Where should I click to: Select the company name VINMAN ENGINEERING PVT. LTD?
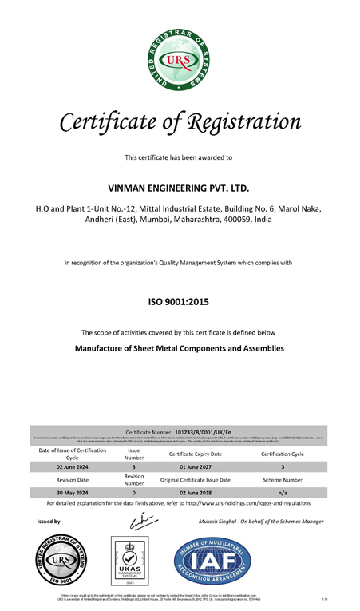pyautogui.click(x=179, y=188)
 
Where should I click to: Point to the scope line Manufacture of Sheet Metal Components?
pyautogui.click(x=179, y=348)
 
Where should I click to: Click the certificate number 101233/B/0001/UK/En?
pyautogui.click(x=203, y=430)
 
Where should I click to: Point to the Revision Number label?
pyautogui.click(x=134, y=479)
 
